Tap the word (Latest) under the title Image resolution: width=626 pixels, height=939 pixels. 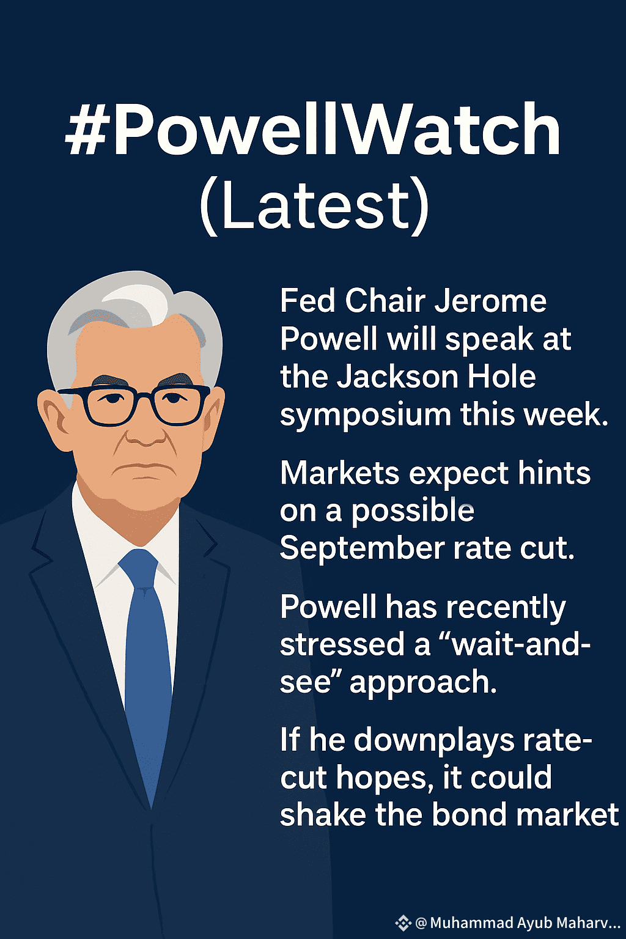(x=314, y=207)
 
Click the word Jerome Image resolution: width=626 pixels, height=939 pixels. (x=490, y=301)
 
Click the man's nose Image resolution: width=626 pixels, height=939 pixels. (x=145, y=432)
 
